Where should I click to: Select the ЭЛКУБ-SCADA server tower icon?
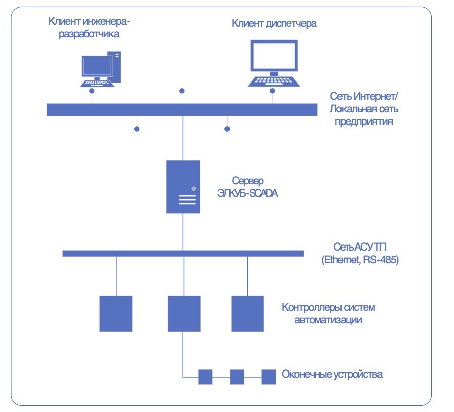[183, 186]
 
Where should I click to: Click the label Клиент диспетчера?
[274, 23]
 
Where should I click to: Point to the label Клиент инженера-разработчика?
[90, 28]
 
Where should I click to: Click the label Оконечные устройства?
[332, 375]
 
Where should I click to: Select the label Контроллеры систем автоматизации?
[328, 313]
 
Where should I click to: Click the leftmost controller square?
[116, 313]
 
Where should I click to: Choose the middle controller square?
[184, 313]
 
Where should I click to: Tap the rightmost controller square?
[248, 313]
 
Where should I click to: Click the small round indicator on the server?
[193, 188]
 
